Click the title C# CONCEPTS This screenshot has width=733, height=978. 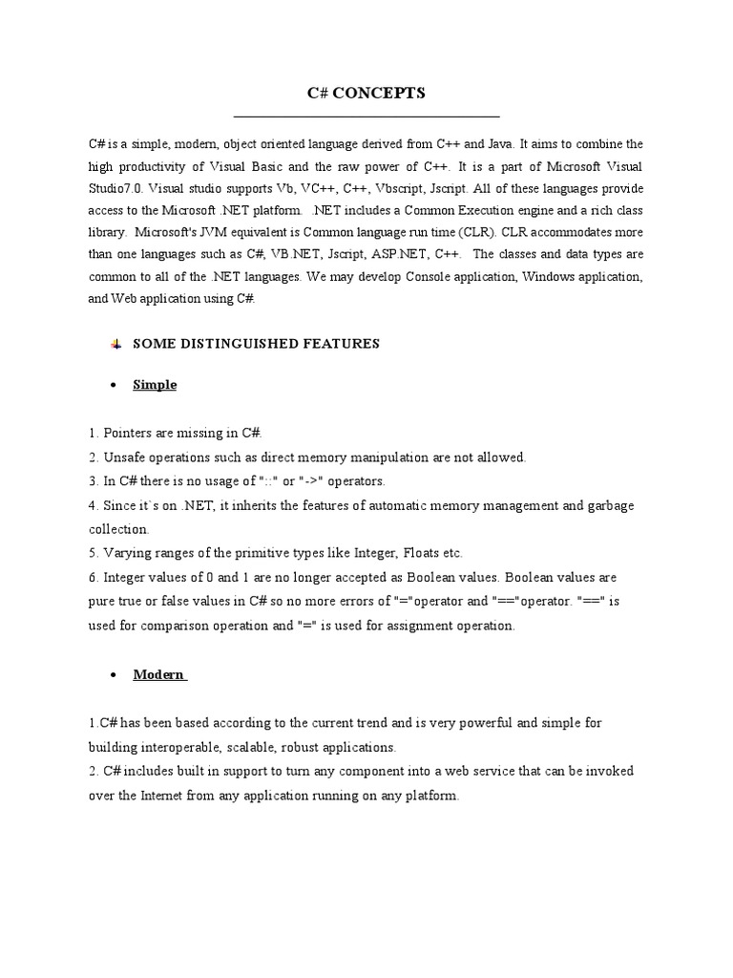click(366, 93)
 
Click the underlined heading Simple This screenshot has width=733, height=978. click(155, 385)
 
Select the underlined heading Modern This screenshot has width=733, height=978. click(157, 675)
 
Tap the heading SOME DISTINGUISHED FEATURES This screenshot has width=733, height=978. click(256, 344)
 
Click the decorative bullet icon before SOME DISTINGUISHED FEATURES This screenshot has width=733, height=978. click(115, 344)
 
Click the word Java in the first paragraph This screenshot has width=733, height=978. click(501, 144)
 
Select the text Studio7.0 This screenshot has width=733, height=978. click(115, 188)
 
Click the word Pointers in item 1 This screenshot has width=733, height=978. click(129, 434)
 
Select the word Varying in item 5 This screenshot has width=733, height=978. click(126, 553)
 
